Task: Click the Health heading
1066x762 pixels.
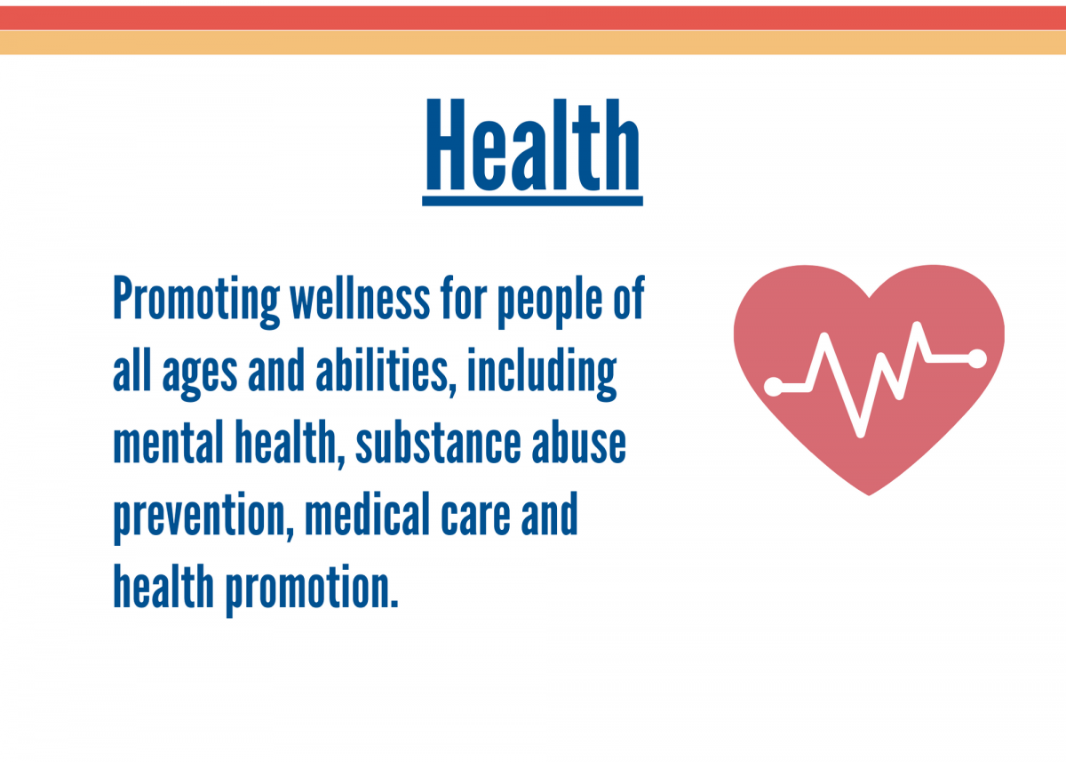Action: [532, 145]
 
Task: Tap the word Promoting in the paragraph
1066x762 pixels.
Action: [196, 301]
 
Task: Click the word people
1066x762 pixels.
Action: [550, 301]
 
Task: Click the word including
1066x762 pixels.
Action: [542, 374]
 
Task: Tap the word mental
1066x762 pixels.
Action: [168, 442]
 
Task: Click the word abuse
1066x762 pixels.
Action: [578, 442]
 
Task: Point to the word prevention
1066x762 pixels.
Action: [203, 517]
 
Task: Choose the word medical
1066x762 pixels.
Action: [368, 513]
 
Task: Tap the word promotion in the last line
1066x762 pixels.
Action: [311, 590]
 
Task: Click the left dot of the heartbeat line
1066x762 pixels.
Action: [774, 386]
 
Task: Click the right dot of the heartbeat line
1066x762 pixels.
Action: [977, 358]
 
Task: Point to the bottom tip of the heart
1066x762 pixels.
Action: [869, 495]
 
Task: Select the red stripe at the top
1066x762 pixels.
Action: [533, 18]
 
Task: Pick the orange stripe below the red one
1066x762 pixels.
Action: [533, 43]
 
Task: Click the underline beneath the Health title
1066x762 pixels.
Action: [532, 201]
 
